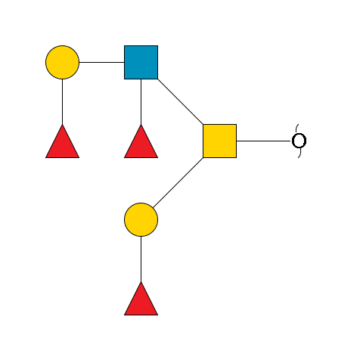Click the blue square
click(141, 62)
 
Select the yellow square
click(219, 141)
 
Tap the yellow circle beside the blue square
click(62, 62)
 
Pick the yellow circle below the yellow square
click(141, 219)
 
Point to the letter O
click(299, 141)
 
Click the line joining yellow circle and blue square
click(101, 62)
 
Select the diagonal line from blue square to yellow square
click(180, 101)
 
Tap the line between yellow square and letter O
click(263, 141)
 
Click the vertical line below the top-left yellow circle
click(62, 101)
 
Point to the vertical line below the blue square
click(141, 101)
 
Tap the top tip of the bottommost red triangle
click(141, 283)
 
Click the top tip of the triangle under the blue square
click(141, 126)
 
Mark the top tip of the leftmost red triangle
click(62, 126)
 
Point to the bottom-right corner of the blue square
click(157, 78)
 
